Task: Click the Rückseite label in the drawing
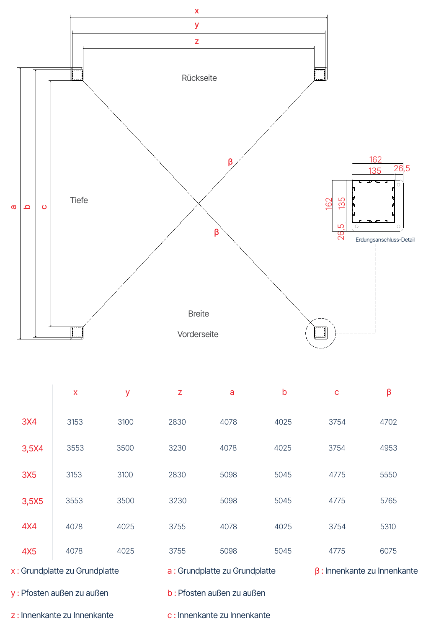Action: tap(199, 78)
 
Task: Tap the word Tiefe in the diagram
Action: tap(79, 200)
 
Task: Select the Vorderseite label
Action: tap(198, 334)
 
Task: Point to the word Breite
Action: tap(199, 314)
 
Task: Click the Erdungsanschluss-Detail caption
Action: tap(385, 240)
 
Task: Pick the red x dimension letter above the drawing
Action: tap(197, 11)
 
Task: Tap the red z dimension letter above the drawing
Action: tap(197, 41)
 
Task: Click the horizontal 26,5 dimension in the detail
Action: tap(402, 168)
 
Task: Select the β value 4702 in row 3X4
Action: tap(388, 422)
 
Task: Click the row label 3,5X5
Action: tap(32, 501)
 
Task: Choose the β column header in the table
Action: tap(389, 392)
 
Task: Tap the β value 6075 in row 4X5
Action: tap(388, 551)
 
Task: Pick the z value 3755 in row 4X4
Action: tap(177, 526)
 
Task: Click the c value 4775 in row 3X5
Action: tap(337, 474)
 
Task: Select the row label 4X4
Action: tap(29, 526)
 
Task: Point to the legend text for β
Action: tap(366, 571)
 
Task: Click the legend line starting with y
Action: tap(59, 593)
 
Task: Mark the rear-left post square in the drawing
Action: tap(77, 75)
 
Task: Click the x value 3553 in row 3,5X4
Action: tap(75, 448)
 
